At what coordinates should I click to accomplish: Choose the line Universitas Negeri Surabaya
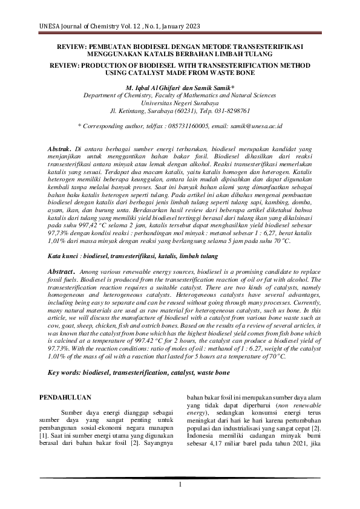tap(180, 103)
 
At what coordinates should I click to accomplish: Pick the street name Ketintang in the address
tap(134, 111)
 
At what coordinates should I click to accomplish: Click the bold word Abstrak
tap(60, 148)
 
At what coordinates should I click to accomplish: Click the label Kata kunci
tap(64, 256)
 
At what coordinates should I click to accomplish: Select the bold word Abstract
tap(63, 272)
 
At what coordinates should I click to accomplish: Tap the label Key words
tap(63, 374)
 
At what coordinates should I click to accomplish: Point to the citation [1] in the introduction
tap(43, 435)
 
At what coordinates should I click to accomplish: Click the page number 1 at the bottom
tap(180, 485)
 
